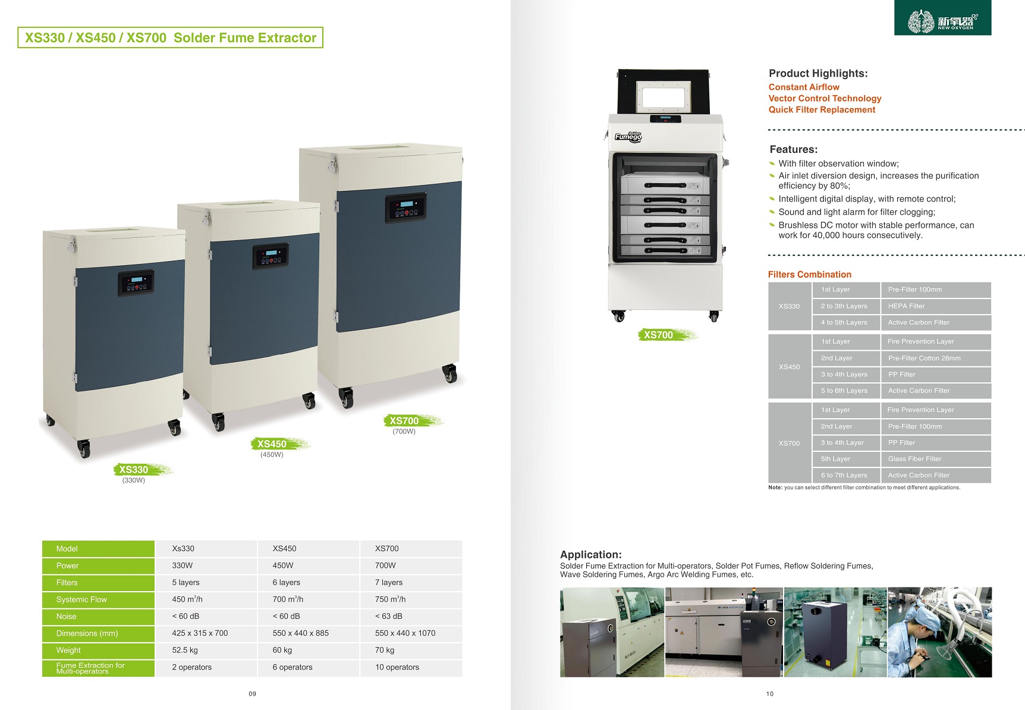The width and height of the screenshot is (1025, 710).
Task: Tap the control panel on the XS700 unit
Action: (405, 209)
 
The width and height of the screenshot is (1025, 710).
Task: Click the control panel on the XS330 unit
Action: (136, 283)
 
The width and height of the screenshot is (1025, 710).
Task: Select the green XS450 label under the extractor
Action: (272, 444)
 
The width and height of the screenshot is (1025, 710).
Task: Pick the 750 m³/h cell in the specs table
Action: (391, 599)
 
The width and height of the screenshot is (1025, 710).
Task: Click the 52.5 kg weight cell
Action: (185, 651)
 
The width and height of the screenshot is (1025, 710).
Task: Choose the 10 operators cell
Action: (397, 667)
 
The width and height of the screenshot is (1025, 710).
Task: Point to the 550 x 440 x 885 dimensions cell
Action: (301, 633)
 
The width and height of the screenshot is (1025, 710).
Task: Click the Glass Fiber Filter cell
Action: (915, 459)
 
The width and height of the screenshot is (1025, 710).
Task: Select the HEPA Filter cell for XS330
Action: (907, 306)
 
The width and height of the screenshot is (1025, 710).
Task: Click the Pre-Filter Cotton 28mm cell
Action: (925, 358)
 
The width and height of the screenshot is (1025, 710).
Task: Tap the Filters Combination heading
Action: (810, 275)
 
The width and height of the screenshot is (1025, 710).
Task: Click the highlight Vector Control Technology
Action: (825, 99)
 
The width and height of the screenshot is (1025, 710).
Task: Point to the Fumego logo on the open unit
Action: (628, 137)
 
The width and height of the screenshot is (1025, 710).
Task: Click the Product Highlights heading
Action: (818, 74)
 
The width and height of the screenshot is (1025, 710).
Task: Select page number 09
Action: (253, 693)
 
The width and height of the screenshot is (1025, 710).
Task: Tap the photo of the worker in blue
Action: (939, 633)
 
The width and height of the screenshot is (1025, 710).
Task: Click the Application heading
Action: (591, 554)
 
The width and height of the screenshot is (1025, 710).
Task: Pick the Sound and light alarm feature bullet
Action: (857, 212)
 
